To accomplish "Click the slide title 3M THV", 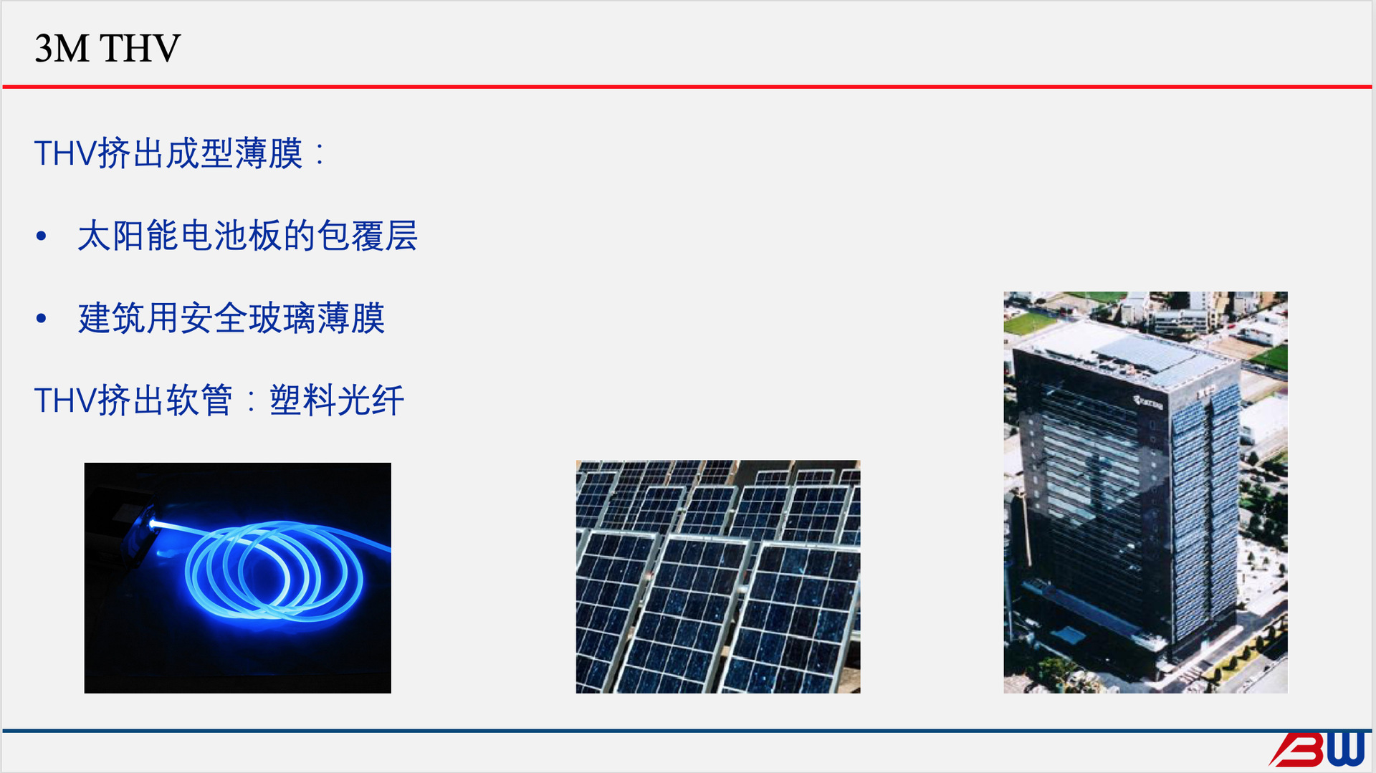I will [x=107, y=49].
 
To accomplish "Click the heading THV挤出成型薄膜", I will [x=169, y=153].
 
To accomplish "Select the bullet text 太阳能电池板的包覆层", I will [x=247, y=236].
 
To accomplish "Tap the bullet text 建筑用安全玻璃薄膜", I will [x=231, y=318].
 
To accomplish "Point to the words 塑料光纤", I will [x=337, y=400].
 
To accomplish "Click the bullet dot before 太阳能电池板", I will [x=42, y=236].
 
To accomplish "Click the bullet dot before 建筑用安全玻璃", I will [x=42, y=318].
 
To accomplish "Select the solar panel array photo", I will [x=717, y=577].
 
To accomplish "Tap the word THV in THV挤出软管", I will [x=64, y=400].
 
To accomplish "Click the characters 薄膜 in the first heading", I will [x=269, y=153].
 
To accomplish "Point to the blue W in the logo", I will [x=1345, y=749].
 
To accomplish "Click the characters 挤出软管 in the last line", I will [x=165, y=400].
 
